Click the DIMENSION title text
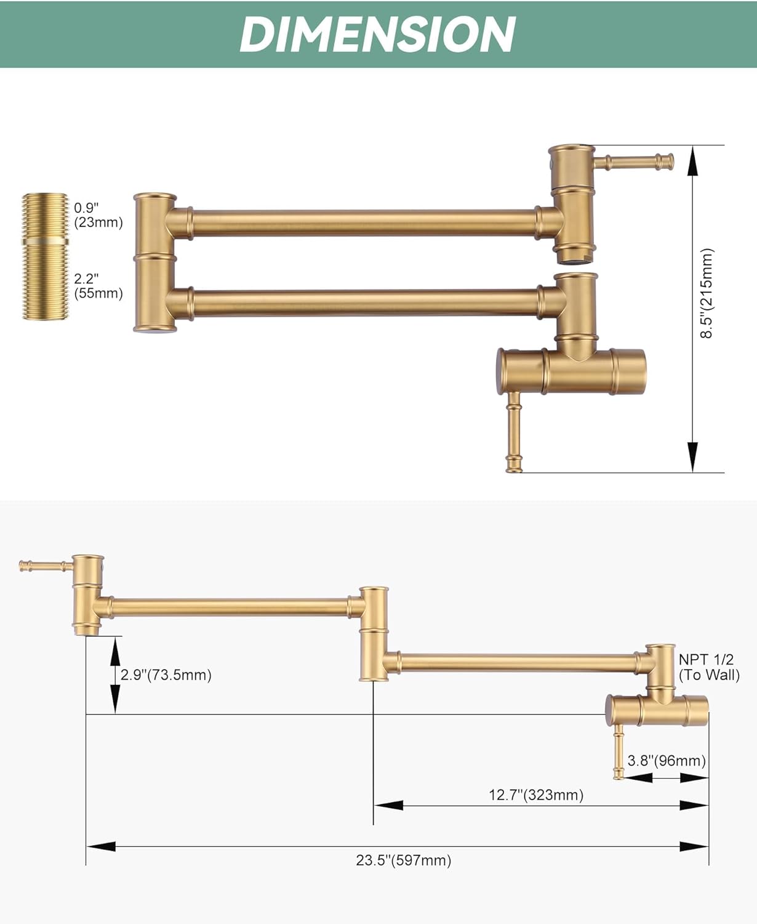tap(378, 34)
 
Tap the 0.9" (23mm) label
tap(98, 215)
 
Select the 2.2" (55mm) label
tap(98, 286)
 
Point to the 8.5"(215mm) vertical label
tap(707, 294)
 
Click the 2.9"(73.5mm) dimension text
tap(166, 675)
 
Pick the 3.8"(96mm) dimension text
tap(667, 760)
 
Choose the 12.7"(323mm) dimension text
tap(536, 795)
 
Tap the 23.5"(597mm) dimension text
tap(403, 860)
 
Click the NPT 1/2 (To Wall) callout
tap(709, 667)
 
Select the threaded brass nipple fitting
tap(45, 257)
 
